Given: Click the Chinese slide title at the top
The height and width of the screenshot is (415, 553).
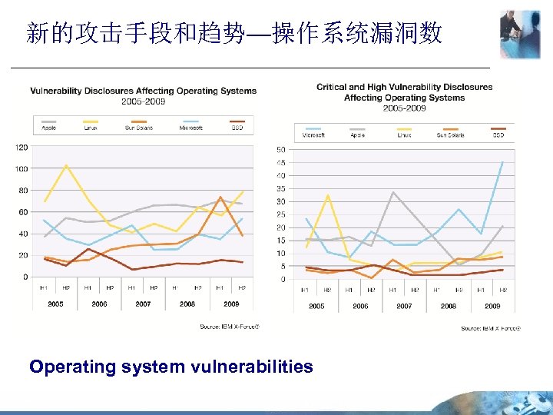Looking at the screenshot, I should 233,32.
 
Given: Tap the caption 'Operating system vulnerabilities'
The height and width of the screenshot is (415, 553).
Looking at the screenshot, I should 171,367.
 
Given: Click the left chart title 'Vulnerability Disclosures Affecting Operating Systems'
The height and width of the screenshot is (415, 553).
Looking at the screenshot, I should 144,91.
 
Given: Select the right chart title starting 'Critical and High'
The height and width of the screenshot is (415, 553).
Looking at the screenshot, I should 404,87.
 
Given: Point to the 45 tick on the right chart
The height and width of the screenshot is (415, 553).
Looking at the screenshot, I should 281,162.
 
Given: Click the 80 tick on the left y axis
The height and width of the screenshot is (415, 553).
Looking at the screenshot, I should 23,190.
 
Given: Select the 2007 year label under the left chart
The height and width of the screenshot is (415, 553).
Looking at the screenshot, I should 143,304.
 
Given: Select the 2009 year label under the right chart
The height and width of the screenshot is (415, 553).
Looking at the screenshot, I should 492,305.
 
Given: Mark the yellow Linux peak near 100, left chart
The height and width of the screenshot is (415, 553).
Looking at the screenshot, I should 67,165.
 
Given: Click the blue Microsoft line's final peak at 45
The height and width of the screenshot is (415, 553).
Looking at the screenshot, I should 503,162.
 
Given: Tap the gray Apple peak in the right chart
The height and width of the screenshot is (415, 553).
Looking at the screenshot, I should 393,192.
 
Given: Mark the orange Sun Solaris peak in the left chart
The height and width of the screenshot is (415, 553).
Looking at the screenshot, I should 220,198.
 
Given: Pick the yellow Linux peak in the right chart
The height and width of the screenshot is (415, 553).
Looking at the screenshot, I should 328,194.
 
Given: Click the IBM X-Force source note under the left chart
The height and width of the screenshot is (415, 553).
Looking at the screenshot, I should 230,327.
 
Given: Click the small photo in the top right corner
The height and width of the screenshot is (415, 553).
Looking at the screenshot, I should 520,35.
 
